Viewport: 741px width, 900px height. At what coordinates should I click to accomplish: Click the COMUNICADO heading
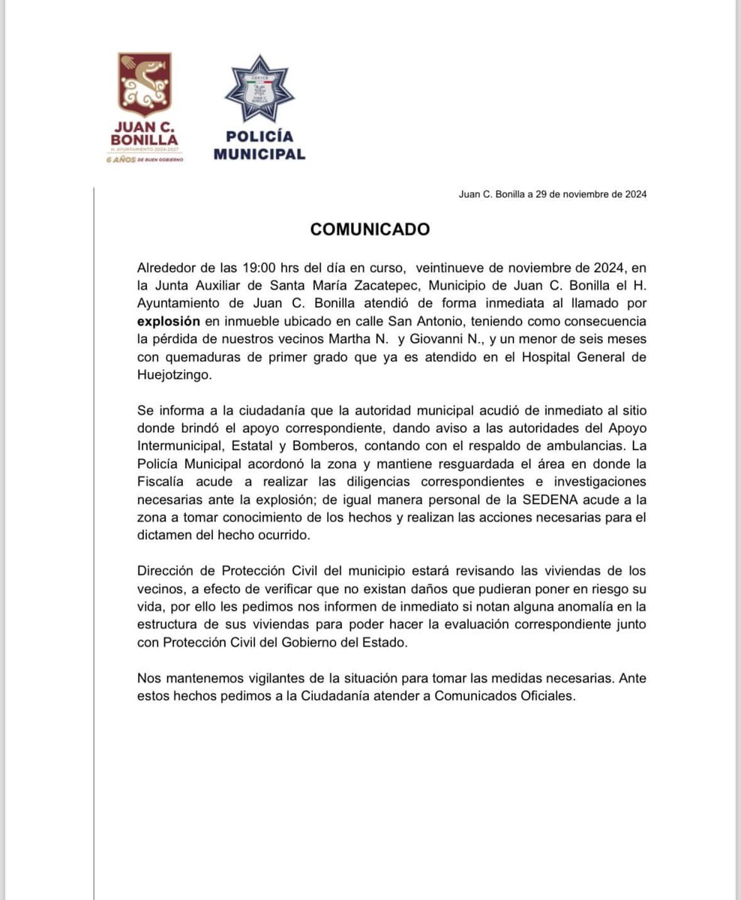click(x=370, y=229)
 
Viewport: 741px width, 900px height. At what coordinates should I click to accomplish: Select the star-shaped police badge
click(x=259, y=91)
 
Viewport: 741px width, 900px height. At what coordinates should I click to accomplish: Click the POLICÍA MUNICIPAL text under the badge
click(x=259, y=145)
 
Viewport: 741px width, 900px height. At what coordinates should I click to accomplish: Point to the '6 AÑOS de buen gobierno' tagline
click(x=145, y=160)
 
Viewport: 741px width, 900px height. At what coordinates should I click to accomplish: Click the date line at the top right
click(x=552, y=194)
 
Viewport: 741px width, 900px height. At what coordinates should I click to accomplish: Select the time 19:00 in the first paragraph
click(x=263, y=268)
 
